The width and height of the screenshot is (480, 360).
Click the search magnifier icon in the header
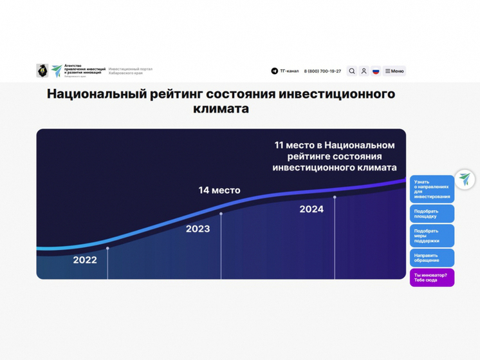pyautogui.click(x=352, y=71)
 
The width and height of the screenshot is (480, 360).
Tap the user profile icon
pyautogui.click(x=364, y=71)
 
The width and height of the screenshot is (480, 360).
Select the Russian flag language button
pyautogui.click(x=376, y=71)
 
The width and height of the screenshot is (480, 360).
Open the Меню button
pyautogui.click(x=394, y=71)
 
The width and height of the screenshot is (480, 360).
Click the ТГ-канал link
pyautogui.click(x=285, y=71)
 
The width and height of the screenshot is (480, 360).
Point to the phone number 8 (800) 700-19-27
pyautogui.click(x=322, y=71)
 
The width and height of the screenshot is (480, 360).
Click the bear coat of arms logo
pyautogui.click(x=42, y=71)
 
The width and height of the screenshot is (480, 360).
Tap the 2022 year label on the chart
pyautogui.click(x=85, y=260)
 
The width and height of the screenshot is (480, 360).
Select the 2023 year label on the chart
pyautogui.click(x=198, y=229)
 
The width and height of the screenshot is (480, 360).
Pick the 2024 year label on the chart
pyautogui.click(x=311, y=209)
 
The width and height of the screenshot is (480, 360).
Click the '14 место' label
pyautogui.click(x=219, y=190)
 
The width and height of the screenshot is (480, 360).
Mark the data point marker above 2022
pyautogui.click(x=107, y=248)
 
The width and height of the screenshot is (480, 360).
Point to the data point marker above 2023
pyautogui.click(x=221, y=214)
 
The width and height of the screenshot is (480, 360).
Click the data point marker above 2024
pyautogui.click(x=335, y=197)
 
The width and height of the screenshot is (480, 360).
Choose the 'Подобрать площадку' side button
pyautogui.click(x=432, y=214)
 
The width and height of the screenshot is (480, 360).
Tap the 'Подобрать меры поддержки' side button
pyautogui.click(x=432, y=236)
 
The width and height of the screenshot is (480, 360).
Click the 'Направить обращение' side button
pyautogui.click(x=432, y=258)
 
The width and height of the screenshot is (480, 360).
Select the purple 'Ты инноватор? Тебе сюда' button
pyautogui.click(x=432, y=278)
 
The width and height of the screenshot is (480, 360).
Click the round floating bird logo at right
pyautogui.click(x=465, y=179)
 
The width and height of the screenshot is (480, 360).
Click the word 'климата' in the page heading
pyautogui.click(x=221, y=109)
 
